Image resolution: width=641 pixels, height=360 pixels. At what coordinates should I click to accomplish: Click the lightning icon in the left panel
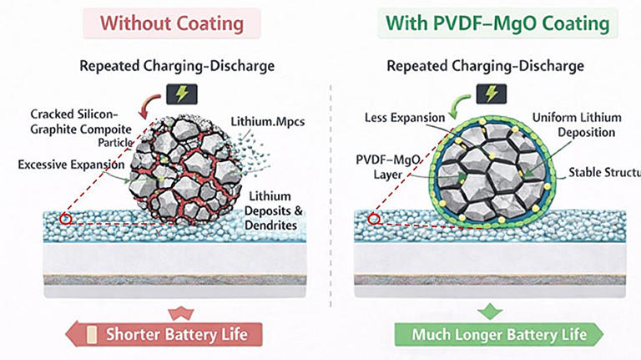tap(179, 94)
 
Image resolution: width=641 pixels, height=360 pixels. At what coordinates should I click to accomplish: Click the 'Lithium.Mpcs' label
tap(269, 122)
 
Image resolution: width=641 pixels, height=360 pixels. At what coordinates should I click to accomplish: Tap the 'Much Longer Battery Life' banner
tap(498, 335)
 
